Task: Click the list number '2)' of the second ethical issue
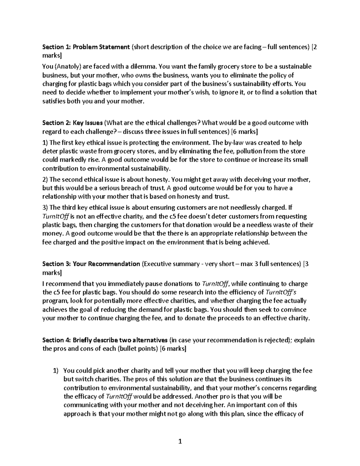(x=45, y=180)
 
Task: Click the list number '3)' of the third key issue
(x=45, y=208)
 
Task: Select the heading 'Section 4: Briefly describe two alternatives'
(x=105, y=340)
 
